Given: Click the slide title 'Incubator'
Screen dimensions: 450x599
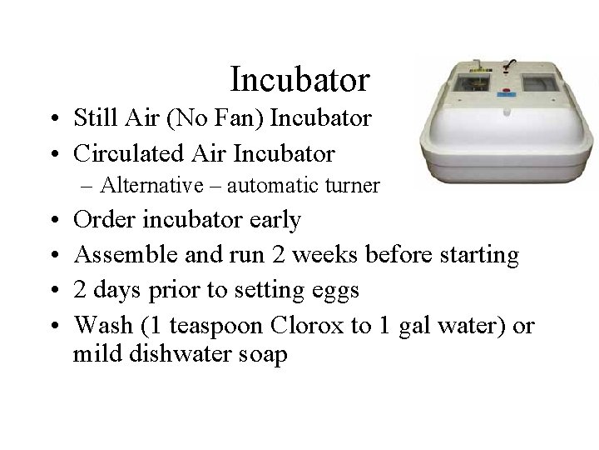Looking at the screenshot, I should (x=299, y=80).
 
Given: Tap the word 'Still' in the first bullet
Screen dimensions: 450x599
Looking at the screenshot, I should (x=93, y=118).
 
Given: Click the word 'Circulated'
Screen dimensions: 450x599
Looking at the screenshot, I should (x=128, y=153).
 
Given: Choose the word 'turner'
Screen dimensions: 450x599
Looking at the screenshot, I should (x=355, y=185).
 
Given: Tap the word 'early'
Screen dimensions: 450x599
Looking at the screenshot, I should (x=275, y=220).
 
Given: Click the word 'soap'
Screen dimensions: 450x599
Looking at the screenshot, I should (x=260, y=355).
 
